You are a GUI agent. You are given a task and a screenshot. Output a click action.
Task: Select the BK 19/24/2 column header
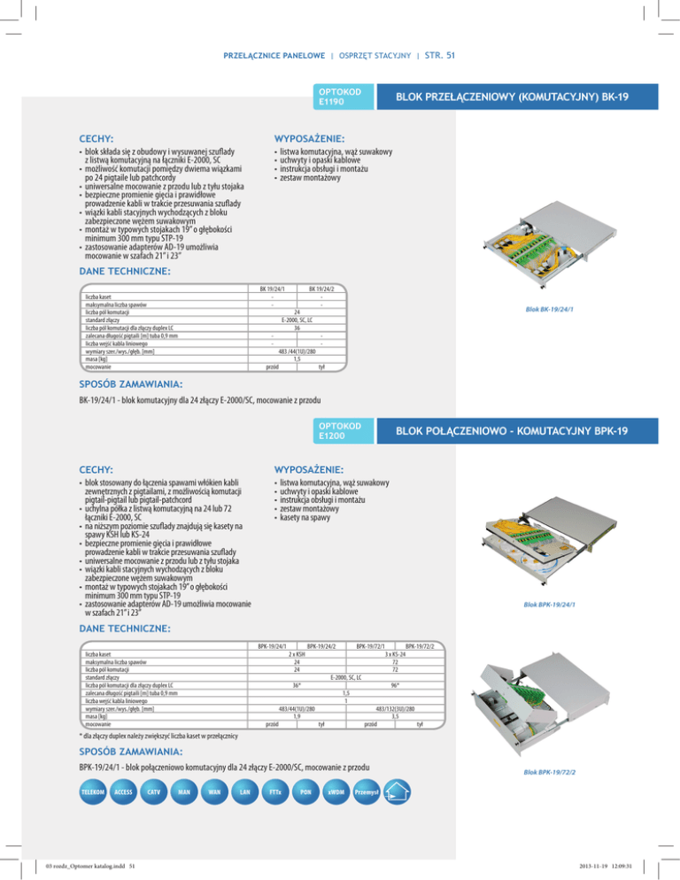[x=321, y=289]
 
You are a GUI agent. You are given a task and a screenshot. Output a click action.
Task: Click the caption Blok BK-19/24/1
[x=555, y=309]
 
